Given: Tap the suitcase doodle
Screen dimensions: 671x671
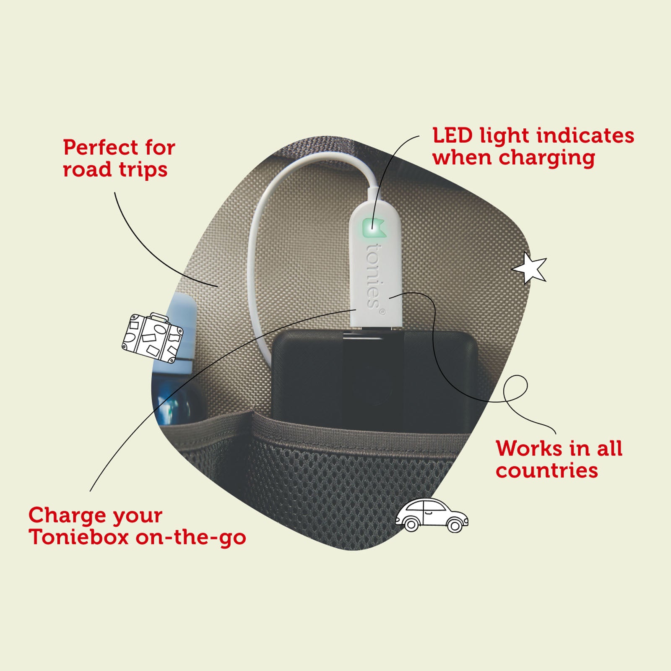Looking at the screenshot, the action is pos(152,337).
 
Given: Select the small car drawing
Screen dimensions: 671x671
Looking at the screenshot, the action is pos(432,515).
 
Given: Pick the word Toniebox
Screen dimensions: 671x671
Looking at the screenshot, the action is pos(79,537).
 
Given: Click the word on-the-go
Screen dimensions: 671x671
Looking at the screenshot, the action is pos(191,538).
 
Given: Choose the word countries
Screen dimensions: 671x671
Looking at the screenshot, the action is pos(547,471).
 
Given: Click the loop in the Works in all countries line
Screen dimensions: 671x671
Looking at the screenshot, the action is pos(515,388).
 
